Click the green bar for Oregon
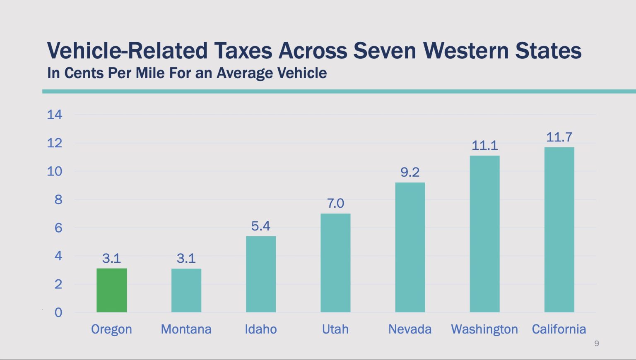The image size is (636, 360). [x=112, y=290]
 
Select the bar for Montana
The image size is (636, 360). [x=186, y=290]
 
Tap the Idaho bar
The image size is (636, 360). [x=261, y=274]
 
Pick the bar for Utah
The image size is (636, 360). [x=335, y=263]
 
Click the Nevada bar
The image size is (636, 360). [x=410, y=247]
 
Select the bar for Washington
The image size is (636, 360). [x=484, y=234]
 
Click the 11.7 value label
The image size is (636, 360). [x=559, y=137]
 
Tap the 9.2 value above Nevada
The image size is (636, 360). [x=410, y=172]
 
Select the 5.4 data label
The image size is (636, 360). [x=261, y=226]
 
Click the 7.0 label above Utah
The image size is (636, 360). [x=335, y=203]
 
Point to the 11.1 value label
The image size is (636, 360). [x=484, y=145]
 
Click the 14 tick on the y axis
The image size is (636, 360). [x=55, y=115]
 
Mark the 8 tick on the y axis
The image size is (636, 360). [x=58, y=199]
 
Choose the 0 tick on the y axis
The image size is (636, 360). [x=58, y=312]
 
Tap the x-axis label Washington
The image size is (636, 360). [x=484, y=329]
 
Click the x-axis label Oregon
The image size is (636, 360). [x=111, y=329]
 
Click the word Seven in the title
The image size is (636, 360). [x=385, y=51]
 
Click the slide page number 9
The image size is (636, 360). [x=597, y=343]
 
